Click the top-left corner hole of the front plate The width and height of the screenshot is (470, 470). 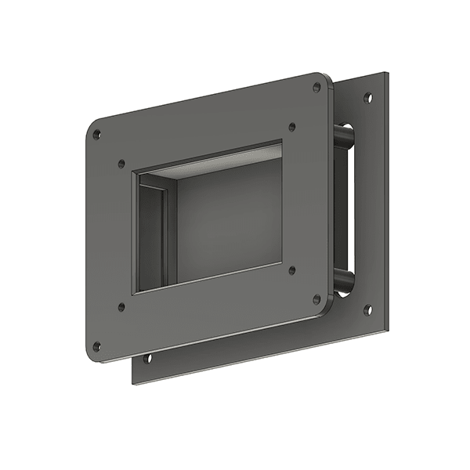(x=96, y=135)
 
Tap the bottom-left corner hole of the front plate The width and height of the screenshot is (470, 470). (x=96, y=345)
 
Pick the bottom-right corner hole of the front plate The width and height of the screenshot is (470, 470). (x=316, y=298)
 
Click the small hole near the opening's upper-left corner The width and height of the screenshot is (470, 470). (x=121, y=164)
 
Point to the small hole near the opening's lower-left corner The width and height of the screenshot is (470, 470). (x=121, y=307)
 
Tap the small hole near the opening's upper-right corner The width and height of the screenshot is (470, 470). (x=292, y=125)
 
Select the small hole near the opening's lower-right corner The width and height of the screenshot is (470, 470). (x=292, y=270)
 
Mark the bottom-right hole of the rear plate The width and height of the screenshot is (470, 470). (x=367, y=309)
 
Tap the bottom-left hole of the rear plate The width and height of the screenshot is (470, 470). (x=147, y=360)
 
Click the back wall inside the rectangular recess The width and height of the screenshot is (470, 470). (x=227, y=219)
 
